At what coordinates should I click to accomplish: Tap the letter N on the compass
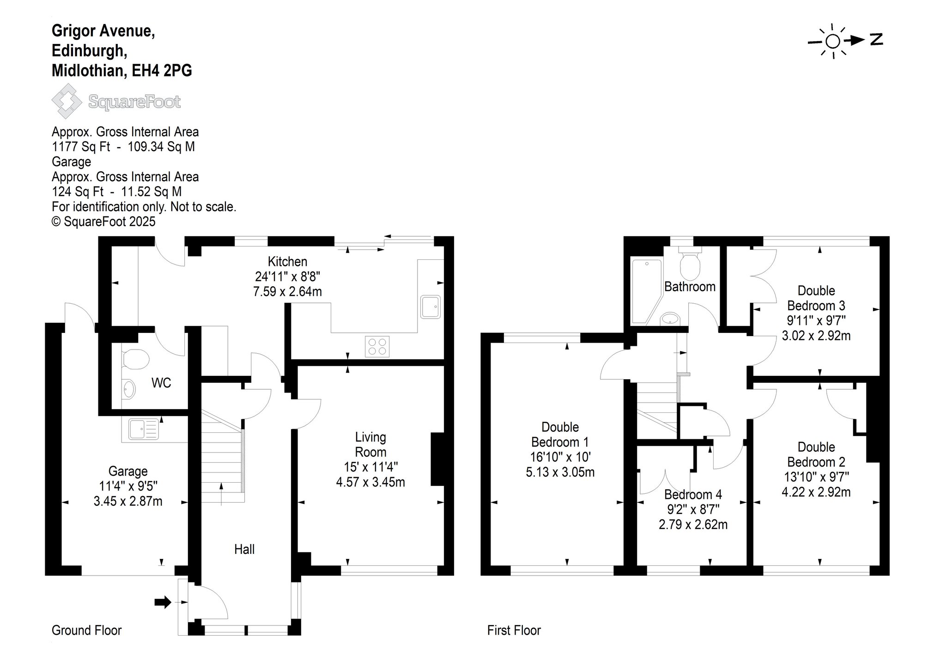pyautogui.click(x=876, y=40)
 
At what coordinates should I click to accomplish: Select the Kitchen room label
pyautogui.click(x=287, y=262)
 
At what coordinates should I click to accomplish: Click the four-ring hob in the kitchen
pyautogui.click(x=377, y=346)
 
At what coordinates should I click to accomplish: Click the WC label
pyautogui.click(x=161, y=383)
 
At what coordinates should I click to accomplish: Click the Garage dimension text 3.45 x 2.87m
pyautogui.click(x=128, y=501)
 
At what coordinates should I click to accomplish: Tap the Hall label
pyautogui.click(x=244, y=549)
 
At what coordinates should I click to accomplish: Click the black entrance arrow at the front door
pyautogui.click(x=163, y=602)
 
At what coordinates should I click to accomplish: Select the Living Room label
pyautogui.click(x=370, y=444)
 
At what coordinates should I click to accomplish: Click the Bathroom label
pyautogui.click(x=690, y=287)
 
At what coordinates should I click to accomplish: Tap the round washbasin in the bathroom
pyautogui.click(x=670, y=319)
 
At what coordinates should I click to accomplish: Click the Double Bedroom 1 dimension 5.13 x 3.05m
pyautogui.click(x=560, y=472)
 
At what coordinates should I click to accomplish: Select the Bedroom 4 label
pyautogui.click(x=693, y=494)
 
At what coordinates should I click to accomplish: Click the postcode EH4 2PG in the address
pyautogui.click(x=162, y=71)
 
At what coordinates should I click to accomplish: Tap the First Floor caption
pyautogui.click(x=514, y=630)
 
